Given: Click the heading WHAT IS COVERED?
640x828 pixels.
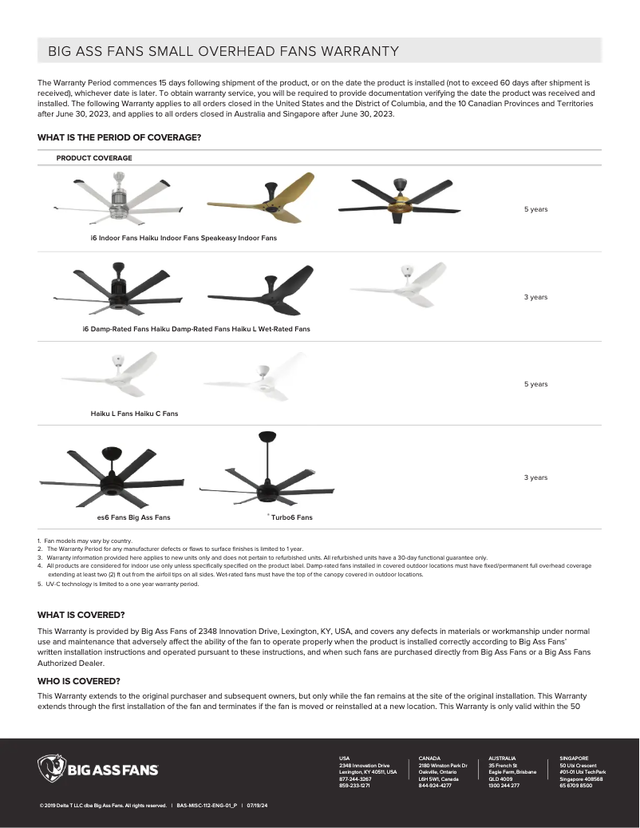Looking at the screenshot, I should [x=81, y=615].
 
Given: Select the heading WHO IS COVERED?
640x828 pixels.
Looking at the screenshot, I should [x=79, y=681].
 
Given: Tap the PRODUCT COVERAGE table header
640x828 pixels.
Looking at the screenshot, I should [x=94, y=158].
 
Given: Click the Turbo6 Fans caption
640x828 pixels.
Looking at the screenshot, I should [x=291, y=517].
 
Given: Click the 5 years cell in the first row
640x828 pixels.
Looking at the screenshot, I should [x=535, y=209].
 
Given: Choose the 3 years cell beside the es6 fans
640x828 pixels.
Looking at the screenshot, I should [x=535, y=477].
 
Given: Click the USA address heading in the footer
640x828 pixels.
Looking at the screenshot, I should [x=345, y=758].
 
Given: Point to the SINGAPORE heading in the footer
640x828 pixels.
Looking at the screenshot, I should [x=574, y=758].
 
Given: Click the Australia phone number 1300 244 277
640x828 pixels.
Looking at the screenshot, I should [x=504, y=786].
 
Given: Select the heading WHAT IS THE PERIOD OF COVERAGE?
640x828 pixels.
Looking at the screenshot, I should [x=119, y=137].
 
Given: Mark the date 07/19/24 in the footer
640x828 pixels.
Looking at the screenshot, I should [x=257, y=806].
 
